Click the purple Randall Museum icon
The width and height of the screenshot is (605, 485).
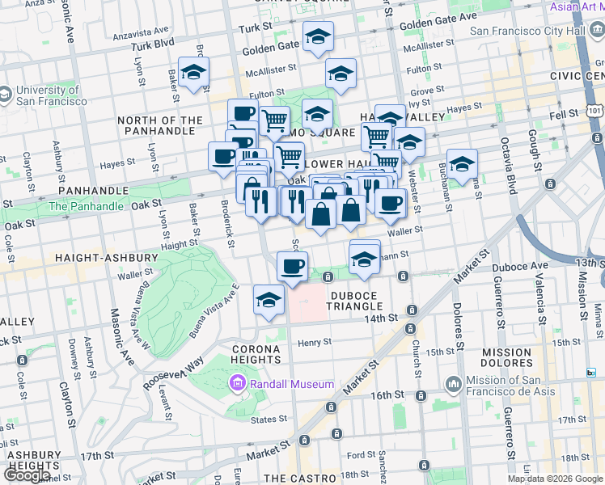pos(239,382)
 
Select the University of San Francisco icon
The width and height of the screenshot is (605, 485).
pos(6,95)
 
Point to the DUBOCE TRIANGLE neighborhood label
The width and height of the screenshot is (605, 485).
pos(354,300)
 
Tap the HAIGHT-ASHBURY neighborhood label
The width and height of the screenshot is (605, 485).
pos(106,257)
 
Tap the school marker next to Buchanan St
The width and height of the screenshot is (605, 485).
pos(462,164)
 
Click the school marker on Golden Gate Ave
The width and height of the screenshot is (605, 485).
pos(318,36)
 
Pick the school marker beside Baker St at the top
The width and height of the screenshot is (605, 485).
pos(193,73)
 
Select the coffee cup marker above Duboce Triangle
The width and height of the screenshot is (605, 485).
pos(292,265)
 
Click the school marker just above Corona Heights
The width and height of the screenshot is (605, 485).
pos(269,301)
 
